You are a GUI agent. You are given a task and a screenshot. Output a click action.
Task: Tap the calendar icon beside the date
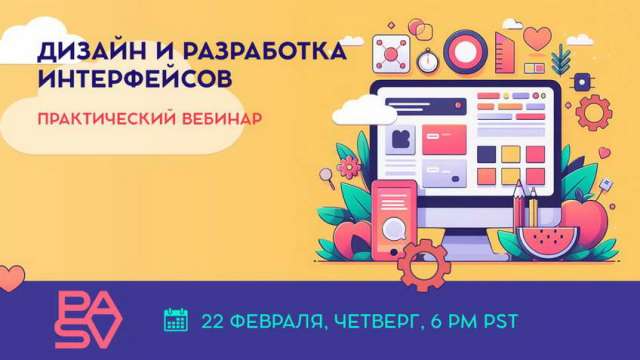tap(176, 320)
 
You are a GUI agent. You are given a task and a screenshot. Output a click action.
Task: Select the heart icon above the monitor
tap(537, 39)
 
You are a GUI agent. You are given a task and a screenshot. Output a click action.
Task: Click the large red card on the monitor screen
tap(446, 142)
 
